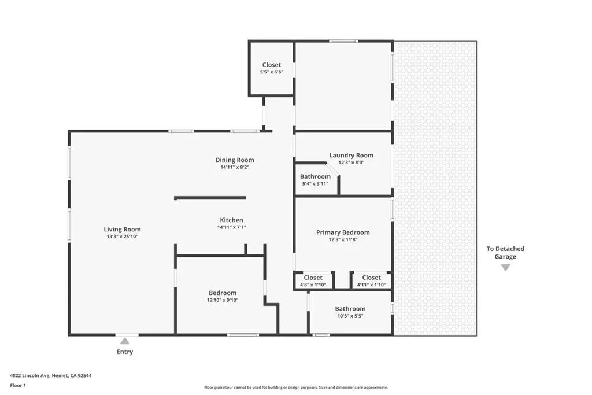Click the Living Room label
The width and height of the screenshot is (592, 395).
click(x=122, y=229)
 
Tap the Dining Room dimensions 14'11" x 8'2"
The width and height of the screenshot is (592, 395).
click(x=234, y=167)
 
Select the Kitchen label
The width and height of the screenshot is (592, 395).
click(x=231, y=220)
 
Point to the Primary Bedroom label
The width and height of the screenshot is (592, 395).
click(x=343, y=232)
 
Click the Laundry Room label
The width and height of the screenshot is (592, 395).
click(x=351, y=155)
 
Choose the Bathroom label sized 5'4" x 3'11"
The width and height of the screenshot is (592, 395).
click(x=315, y=176)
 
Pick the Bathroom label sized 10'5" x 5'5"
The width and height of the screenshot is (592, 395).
click(x=350, y=308)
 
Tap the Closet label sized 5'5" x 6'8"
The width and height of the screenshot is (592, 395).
click(x=271, y=65)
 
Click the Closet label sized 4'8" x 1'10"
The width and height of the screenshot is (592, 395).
click(x=313, y=278)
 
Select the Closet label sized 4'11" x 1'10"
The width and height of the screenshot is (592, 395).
click(x=371, y=278)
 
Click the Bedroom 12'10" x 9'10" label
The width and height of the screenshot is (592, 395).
click(x=222, y=293)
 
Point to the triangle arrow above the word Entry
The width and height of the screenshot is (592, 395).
click(x=125, y=341)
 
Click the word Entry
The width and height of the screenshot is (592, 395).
click(x=125, y=352)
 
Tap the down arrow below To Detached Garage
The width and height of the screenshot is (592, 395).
click(x=505, y=267)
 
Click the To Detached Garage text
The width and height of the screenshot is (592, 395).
click(x=505, y=253)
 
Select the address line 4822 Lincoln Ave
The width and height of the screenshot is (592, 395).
click(x=51, y=375)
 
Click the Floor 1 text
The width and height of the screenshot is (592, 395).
click(x=18, y=385)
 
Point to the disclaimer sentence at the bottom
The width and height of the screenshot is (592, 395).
click(x=295, y=387)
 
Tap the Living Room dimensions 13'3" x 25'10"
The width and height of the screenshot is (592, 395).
click(x=122, y=237)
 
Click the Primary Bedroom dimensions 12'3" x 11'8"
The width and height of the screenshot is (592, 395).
click(x=343, y=239)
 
